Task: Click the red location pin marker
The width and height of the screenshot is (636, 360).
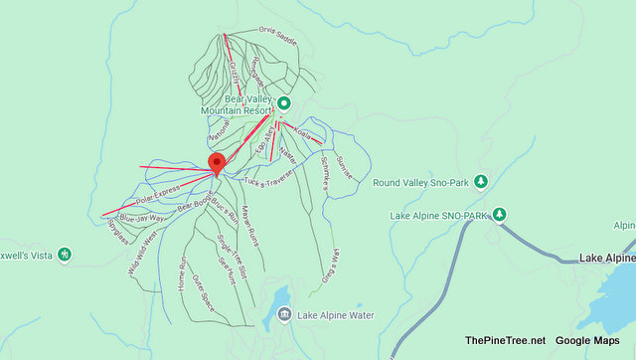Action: (x=217, y=163)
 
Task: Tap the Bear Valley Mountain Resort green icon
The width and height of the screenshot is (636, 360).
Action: (x=283, y=103)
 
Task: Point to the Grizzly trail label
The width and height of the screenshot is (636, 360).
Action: (x=235, y=74)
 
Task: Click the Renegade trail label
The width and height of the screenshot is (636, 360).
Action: (x=257, y=69)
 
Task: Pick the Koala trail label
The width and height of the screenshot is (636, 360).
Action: (x=305, y=134)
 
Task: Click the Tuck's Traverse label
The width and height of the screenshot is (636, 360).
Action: (x=268, y=182)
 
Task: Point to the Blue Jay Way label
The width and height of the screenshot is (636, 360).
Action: (x=142, y=217)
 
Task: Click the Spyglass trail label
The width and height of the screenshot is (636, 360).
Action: (x=117, y=232)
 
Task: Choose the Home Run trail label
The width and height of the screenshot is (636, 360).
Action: (x=182, y=272)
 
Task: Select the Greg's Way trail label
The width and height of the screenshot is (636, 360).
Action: (x=330, y=265)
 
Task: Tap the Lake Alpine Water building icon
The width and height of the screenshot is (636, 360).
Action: (x=284, y=315)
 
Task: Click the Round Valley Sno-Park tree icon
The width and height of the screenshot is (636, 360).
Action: (x=481, y=182)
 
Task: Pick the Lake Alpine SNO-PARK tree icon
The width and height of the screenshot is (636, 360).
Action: (x=501, y=215)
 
